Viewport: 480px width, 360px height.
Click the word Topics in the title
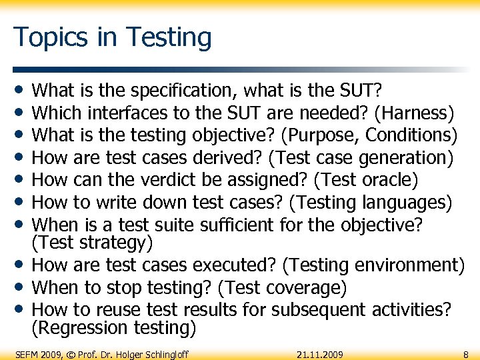(x=44, y=37)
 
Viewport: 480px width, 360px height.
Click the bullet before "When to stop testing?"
(x=22, y=287)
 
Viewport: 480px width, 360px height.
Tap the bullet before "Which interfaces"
(x=22, y=112)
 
